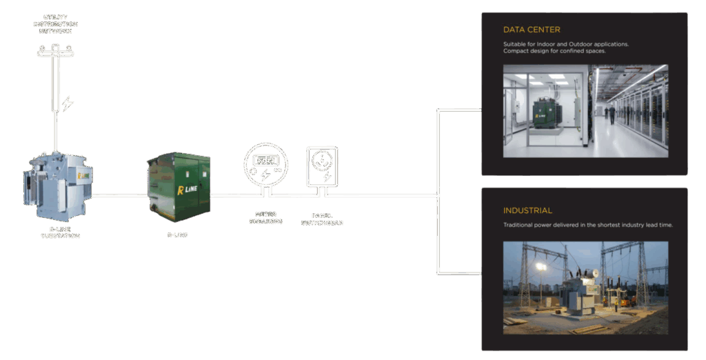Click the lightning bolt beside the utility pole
(x=68, y=104)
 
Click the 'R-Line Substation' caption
(x=60, y=232)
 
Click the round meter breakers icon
(x=265, y=164)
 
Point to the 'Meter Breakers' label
(x=265, y=217)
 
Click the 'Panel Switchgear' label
(x=321, y=219)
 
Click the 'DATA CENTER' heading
(x=532, y=30)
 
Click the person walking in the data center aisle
(x=609, y=113)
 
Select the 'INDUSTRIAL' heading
(x=527, y=210)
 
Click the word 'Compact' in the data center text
(x=516, y=52)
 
